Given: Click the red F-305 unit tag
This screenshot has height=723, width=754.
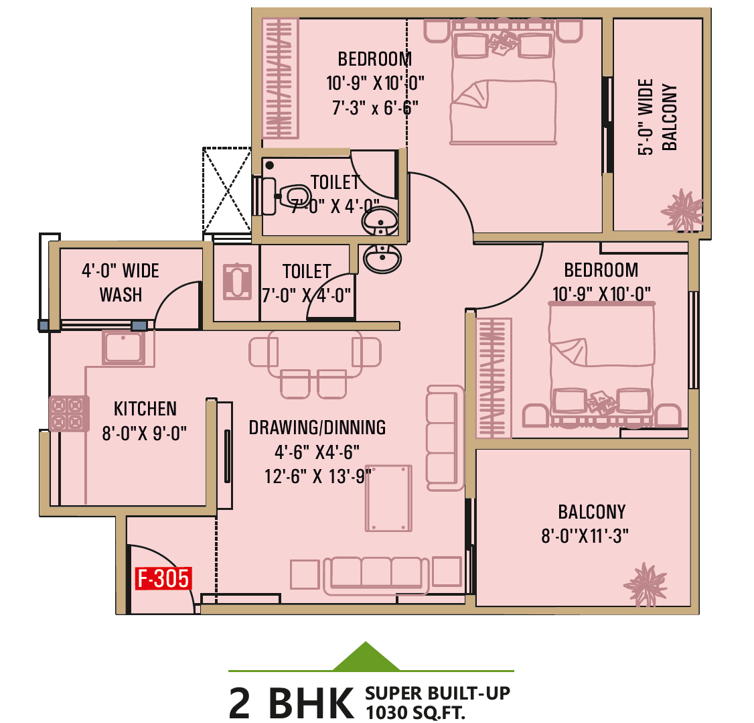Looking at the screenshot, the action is (x=163, y=578).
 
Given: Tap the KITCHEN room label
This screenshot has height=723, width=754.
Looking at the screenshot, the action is (x=145, y=409).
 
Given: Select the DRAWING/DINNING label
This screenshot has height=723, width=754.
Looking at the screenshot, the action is (x=317, y=427).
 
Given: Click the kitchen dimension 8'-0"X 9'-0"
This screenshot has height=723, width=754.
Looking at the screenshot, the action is (x=144, y=434).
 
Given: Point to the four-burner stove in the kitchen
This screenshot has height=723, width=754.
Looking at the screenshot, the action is (x=69, y=413).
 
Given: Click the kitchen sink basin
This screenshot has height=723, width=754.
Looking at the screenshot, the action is (x=124, y=347).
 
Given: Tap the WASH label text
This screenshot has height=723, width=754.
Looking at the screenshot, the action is (x=121, y=294).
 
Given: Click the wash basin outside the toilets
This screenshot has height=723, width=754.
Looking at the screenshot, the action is (x=382, y=259).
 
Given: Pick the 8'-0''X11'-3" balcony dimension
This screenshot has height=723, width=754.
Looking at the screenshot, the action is (x=585, y=535).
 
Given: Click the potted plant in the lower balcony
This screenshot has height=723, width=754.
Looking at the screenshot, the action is (x=646, y=584).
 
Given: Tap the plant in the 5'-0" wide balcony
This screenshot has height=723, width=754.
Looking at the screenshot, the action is (x=682, y=210).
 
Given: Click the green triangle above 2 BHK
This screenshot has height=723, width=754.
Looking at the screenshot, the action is (x=366, y=657).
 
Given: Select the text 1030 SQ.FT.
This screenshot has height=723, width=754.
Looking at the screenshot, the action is (x=415, y=712).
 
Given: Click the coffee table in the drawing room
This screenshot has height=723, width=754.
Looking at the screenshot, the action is (x=388, y=498).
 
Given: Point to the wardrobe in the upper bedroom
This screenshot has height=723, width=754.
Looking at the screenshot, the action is (x=280, y=78).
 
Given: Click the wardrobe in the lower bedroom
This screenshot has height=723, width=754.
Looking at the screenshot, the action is (x=494, y=378).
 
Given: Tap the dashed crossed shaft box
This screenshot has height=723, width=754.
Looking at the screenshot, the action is (x=227, y=190).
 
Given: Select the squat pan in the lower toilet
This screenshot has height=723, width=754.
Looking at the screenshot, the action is (x=237, y=282).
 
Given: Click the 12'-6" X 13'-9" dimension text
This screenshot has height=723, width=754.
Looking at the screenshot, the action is (x=318, y=476).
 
